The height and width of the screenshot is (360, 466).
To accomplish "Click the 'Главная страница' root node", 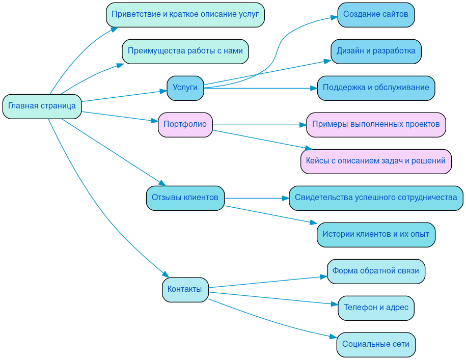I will pyautogui.click(x=42, y=106).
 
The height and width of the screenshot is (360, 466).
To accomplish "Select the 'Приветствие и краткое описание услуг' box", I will pyautogui.click(x=185, y=15).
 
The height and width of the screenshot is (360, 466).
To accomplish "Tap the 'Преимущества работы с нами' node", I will pyautogui.click(x=185, y=51).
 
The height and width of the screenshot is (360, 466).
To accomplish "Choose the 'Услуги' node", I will pyautogui.click(x=185, y=88).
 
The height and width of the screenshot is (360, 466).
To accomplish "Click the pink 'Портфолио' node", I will pyautogui.click(x=185, y=125).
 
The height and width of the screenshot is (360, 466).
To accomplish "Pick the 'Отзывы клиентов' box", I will pyautogui.click(x=185, y=198).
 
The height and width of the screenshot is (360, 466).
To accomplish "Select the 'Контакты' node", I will pyautogui.click(x=185, y=290).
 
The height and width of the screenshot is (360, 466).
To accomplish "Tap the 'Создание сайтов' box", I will pyautogui.click(x=376, y=15).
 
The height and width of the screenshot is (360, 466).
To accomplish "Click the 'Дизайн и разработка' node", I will pyautogui.click(x=376, y=51).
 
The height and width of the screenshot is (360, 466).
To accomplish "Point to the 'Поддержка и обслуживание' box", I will pyautogui.click(x=376, y=88).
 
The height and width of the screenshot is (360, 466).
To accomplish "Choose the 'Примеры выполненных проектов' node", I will pyautogui.click(x=376, y=125).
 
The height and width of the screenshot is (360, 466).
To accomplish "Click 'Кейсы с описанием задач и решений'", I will pyautogui.click(x=376, y=161).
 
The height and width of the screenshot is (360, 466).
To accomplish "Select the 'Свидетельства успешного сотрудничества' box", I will pyautogui.click(x=376, y=198).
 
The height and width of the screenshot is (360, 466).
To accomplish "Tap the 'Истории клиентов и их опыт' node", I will pyautogui.click(x=376, y=235).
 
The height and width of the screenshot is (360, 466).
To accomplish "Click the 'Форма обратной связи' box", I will pyautogui.click(x=376, y=271).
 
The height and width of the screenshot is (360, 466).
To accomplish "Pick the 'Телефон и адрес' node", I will pyautogui.click(x=376, y=308).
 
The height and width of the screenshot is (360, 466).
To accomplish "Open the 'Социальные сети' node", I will pyautogui.click(x=376, y=345).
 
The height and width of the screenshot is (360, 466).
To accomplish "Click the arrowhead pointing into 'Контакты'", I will pyautogui.click(x=165, y=274).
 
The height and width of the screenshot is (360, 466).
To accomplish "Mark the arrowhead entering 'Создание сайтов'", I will pyautogui.click(x=334, y=17).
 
